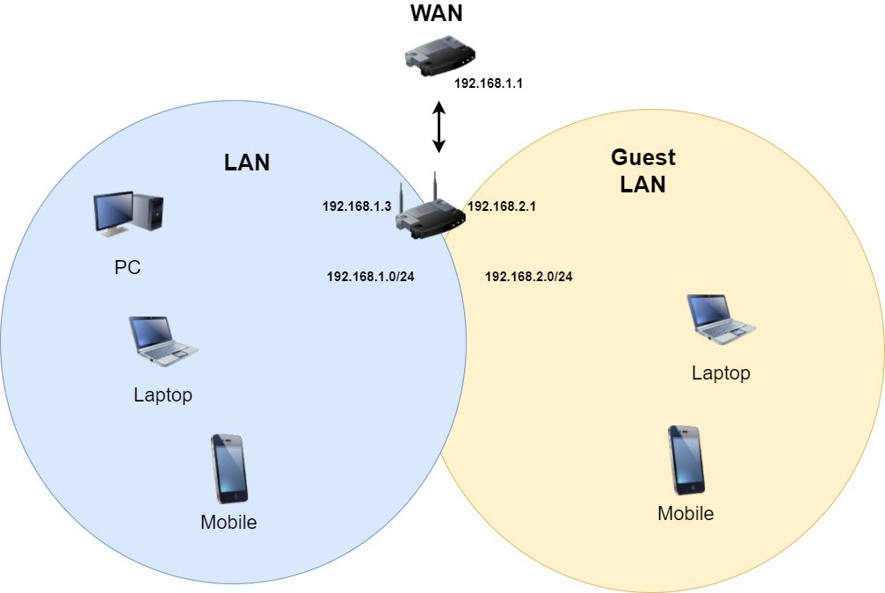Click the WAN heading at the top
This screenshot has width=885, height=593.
(x=436, y=13)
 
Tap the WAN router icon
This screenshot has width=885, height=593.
(x=439, y=55)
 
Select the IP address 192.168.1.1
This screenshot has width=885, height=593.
(x=489, y=83)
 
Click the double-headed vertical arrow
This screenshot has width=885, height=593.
(x=439, y=127)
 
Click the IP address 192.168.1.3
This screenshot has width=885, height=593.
(x=357, y=206)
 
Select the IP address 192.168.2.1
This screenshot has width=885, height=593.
(x=502, y=206)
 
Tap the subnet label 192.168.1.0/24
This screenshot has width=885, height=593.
(x=371, y=277)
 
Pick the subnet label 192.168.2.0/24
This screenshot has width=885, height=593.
(x=529, y=277)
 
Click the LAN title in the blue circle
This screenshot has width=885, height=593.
(x=247, y=163)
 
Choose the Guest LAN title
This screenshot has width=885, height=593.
(x=642, y=170)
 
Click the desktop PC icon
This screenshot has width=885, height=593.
(x=128, y=213)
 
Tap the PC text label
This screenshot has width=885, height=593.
(x=127, y=267)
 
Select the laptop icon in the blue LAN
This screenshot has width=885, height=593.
(x=163, y=342)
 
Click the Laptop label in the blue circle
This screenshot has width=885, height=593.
(x=163, y=395)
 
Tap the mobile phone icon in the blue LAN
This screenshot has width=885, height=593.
(x=229, y=469)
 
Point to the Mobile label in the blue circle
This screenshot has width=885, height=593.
(x=229, y=522)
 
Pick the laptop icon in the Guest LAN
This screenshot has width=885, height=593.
(x=722, y=320)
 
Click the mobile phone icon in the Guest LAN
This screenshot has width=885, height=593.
(x=686, y=460)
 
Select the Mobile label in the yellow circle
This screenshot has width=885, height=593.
(x=686, y=513)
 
